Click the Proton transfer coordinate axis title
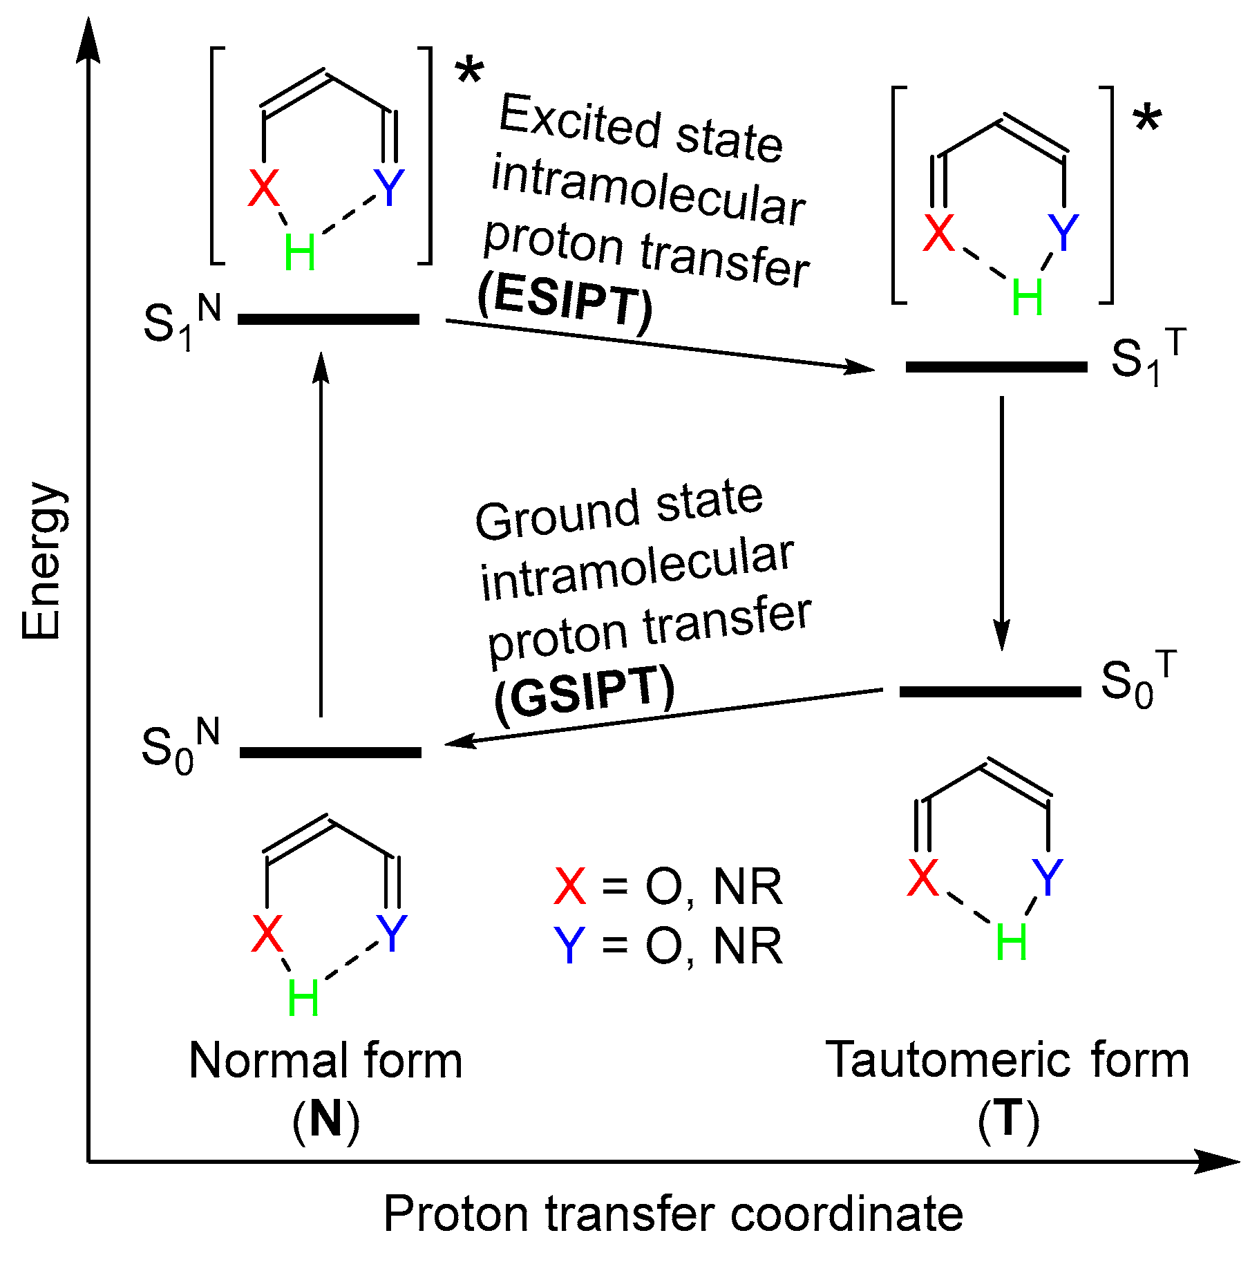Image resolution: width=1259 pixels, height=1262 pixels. coord(673,1214)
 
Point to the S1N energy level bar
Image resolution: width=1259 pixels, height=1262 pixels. coord(328,319)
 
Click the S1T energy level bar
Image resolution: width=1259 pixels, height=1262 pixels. coord(996,367)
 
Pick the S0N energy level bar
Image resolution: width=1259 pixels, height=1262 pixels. coord(330,753)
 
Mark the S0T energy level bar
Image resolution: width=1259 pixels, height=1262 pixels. coord(990,692)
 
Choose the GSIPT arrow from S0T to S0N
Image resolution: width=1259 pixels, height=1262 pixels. coord(663,717)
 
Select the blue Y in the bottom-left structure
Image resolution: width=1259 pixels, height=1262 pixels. coord(392,933)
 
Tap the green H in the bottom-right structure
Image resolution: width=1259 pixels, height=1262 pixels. coord(1012,942)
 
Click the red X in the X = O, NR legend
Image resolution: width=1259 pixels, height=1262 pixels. coord(569,887)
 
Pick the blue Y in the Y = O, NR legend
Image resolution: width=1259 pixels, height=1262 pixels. coord(569,946)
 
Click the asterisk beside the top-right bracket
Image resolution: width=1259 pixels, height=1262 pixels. coord(1147,120)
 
